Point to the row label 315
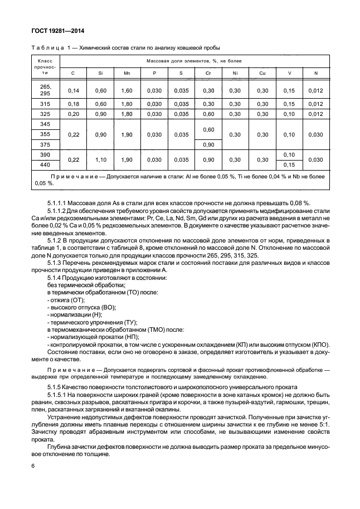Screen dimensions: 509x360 (x=45, y=104)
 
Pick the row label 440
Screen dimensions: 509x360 (x=45, y=164)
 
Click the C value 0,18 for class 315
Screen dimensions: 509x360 (x=73, y=104)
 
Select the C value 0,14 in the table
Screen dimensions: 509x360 (x=73, y=90)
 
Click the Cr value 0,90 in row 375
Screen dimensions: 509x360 (x=208, y=144)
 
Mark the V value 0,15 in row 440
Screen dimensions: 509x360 (x=288, y=164)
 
